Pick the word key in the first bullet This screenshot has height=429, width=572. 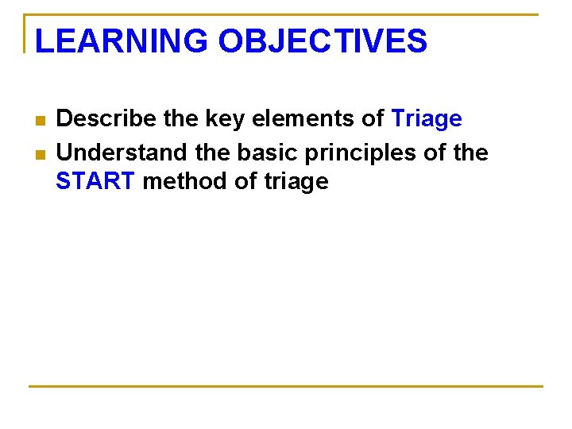click(222, 119)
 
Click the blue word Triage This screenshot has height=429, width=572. click(427, 119)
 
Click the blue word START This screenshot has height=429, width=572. click(96, 182)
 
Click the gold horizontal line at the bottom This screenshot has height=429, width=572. click(286, 387)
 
